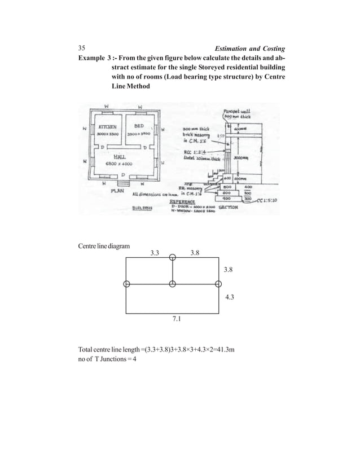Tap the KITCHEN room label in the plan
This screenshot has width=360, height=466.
(x=107, y=128)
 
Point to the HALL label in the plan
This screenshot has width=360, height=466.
(x=121, y=156)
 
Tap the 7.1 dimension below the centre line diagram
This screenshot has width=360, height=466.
(x=176, y=319)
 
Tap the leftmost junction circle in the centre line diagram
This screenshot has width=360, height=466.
(x=126, y=283)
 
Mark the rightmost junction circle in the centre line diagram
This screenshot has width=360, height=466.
(x=219, y=283)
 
